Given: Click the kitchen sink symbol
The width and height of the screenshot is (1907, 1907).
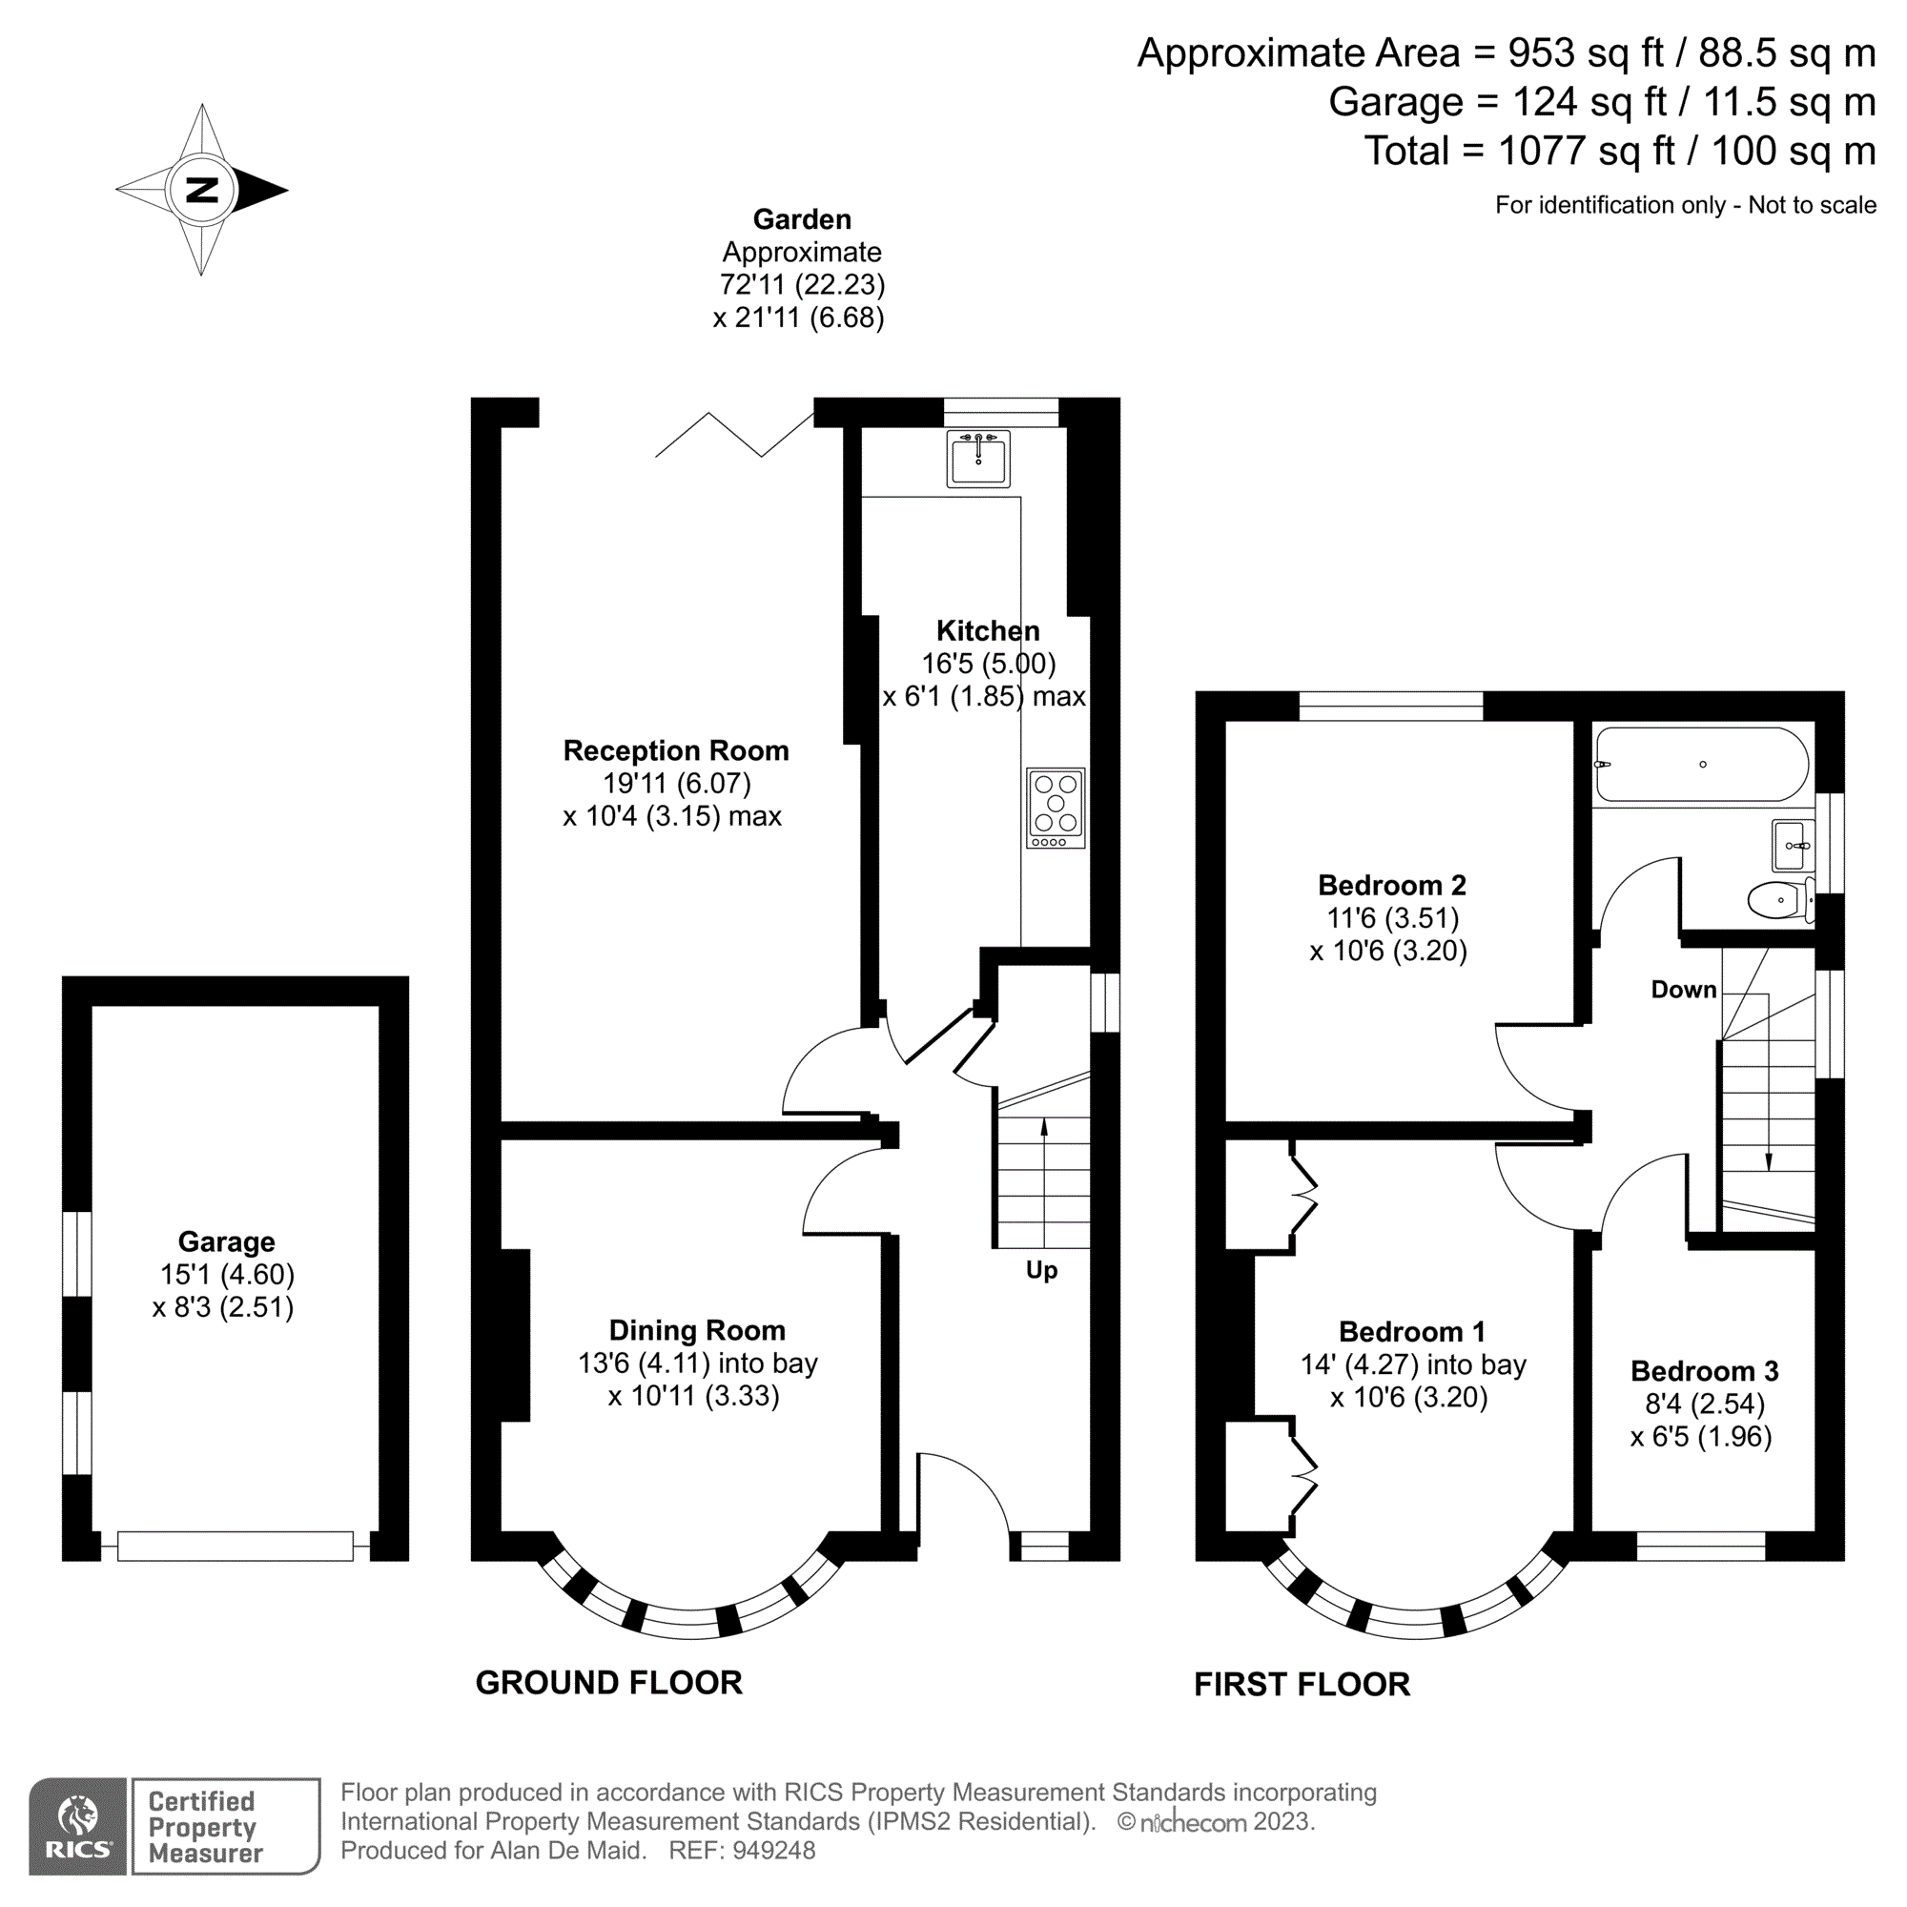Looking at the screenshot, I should [978, 459].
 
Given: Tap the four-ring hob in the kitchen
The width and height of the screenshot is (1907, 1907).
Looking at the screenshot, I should [1056, 808].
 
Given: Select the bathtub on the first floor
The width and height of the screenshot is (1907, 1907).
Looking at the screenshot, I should [1702, 764].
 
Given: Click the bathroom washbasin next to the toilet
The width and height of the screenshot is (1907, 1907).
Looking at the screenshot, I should [1793, 845].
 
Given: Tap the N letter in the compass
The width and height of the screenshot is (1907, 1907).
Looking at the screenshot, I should [202, 190].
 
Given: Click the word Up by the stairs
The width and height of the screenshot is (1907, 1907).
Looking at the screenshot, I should [1041, 1269].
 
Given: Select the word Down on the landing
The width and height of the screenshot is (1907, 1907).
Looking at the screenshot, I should [1683, 989].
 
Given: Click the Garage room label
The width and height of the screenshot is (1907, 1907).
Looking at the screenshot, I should [226, 1241].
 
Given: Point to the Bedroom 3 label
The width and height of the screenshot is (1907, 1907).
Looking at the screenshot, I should [1704, 1370].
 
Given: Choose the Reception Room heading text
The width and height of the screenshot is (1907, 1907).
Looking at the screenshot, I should [676, 750].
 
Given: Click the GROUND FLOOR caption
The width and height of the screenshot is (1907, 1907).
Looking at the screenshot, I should [608, 1683].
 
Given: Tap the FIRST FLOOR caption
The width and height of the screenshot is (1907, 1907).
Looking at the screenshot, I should [1301, 1684].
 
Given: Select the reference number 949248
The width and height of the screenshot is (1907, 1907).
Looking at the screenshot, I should [774, 1850].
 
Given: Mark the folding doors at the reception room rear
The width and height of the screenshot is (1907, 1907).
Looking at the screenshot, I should [734, 436].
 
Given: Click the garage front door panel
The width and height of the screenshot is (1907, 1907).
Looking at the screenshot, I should [235, 1546].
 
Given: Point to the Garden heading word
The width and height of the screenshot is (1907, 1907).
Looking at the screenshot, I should [802, 219].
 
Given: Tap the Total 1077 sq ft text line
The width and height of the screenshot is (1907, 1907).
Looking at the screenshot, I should [1619, 151].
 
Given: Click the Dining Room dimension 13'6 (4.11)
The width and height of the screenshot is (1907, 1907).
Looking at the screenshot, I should [644, 1364].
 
